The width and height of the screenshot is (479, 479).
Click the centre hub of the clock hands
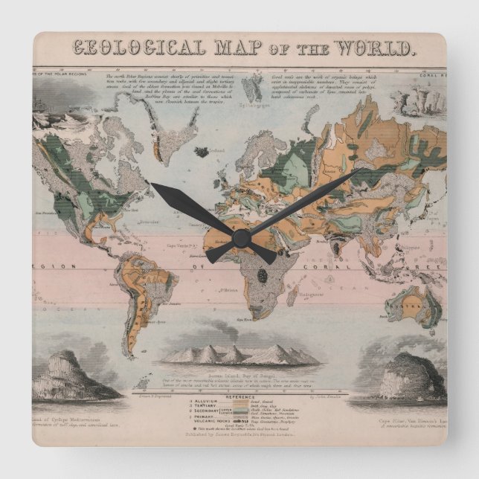240,237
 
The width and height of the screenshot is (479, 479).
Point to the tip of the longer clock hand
365,170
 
